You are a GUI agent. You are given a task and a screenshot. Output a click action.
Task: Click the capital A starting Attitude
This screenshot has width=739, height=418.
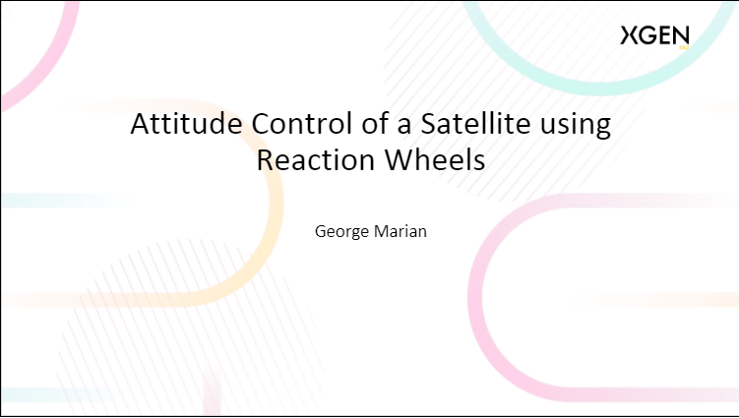click(x=142, y=125)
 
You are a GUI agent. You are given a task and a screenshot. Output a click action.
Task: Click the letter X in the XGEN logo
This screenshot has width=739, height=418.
click(x=630, y=36)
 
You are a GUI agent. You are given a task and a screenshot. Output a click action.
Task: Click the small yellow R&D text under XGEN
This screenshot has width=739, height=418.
click(x=683, y=46)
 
